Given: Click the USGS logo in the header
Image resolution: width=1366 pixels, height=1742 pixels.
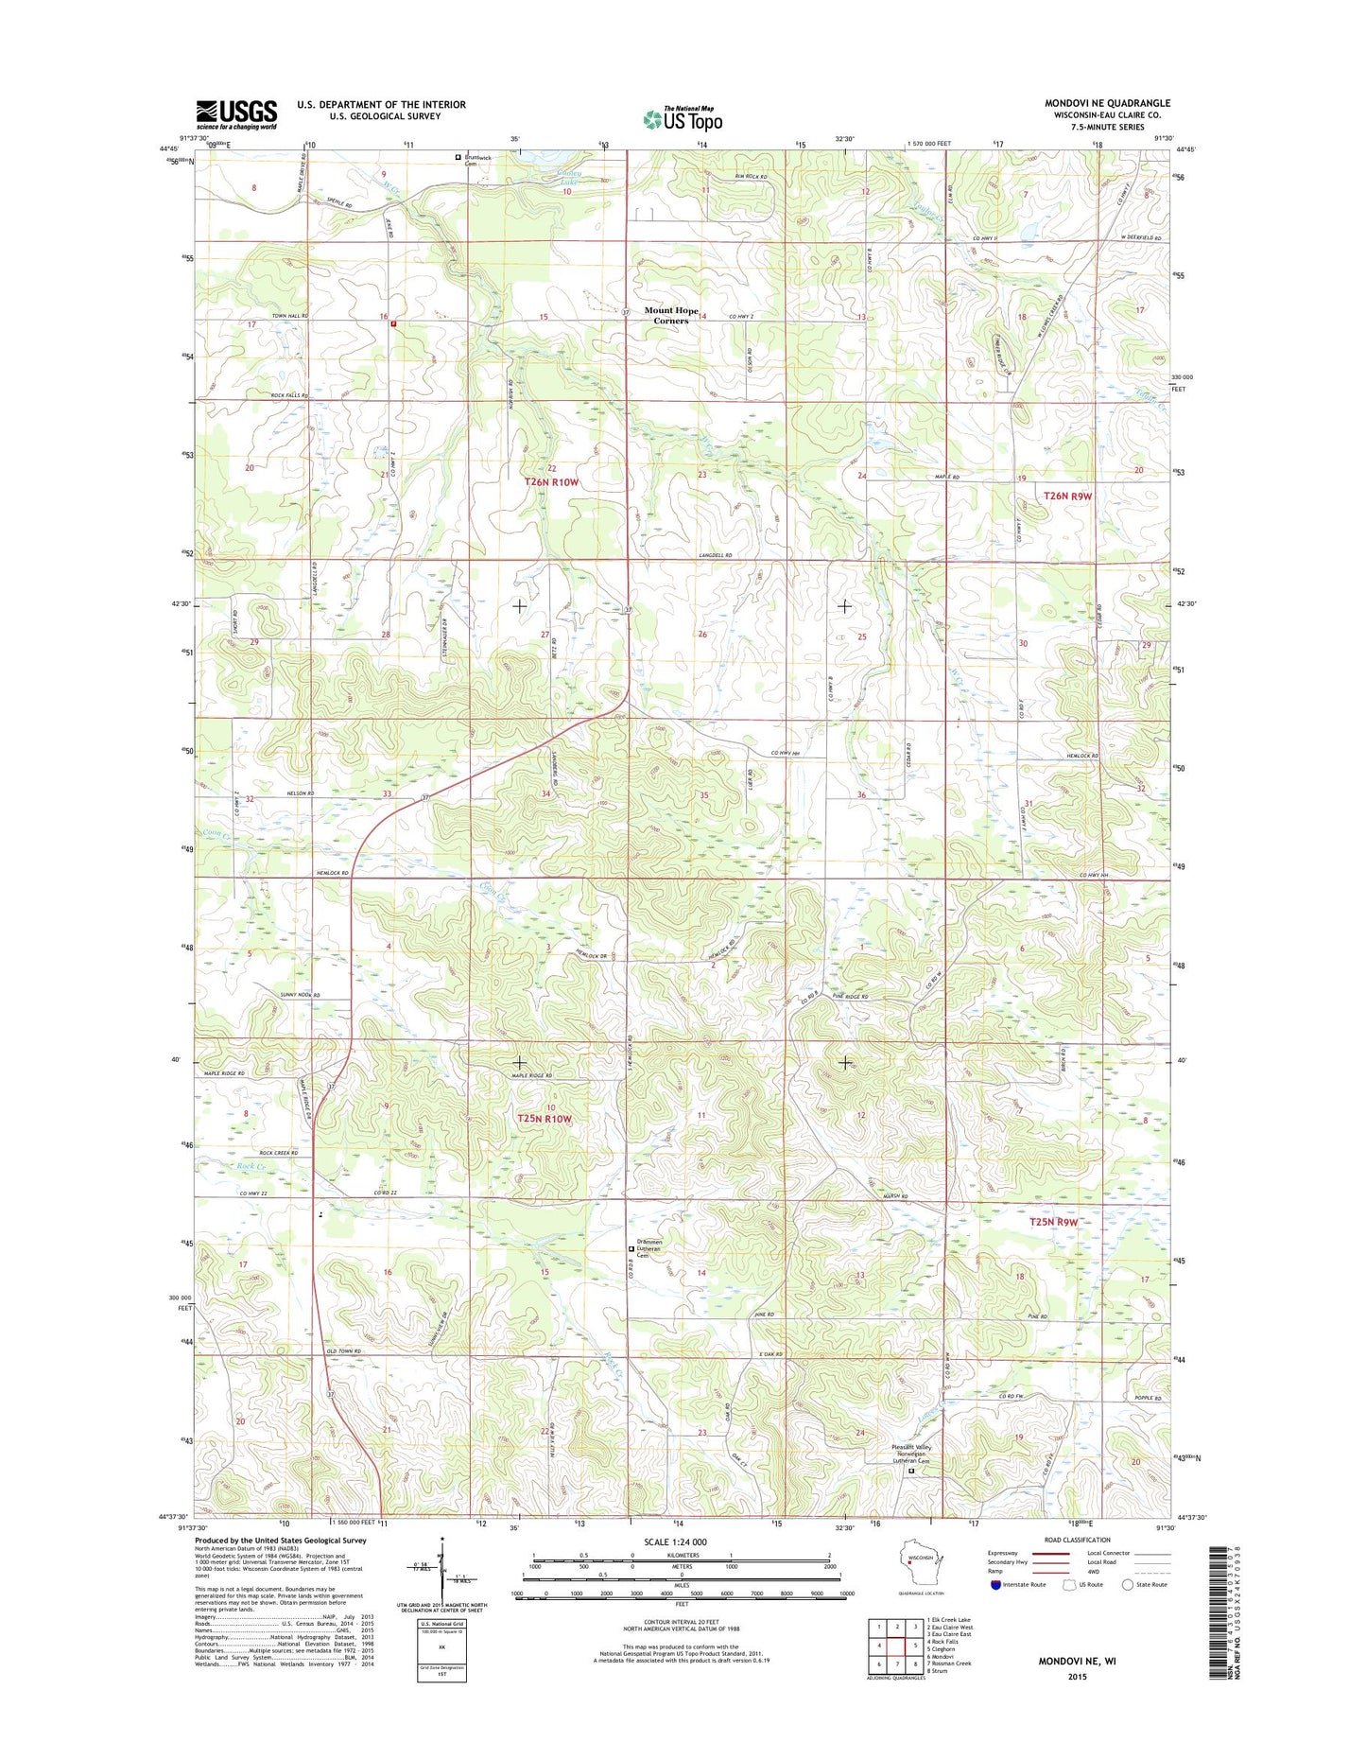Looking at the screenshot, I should click(x=236, y=114).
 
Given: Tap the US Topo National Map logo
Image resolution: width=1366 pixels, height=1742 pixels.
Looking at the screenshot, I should click(x=683, y=118).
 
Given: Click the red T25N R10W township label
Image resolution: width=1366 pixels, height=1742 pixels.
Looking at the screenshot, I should click(x=545, y=1119).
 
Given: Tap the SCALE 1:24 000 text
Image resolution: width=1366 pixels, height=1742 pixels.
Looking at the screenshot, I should click(x=675, y=1542).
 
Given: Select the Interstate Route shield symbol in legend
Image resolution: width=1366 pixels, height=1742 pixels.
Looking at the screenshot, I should click(x=996, y=1584).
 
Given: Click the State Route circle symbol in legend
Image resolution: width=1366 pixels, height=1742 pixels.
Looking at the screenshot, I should click(x=1127, y=1584).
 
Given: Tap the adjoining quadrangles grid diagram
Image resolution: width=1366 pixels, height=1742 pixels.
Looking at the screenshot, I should click(x=896, y=1646).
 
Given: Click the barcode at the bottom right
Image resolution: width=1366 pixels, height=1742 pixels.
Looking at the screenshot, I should click(x=1222, y=1611).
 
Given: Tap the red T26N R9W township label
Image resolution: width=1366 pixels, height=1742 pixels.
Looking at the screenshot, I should click(x=1067, y=496).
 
